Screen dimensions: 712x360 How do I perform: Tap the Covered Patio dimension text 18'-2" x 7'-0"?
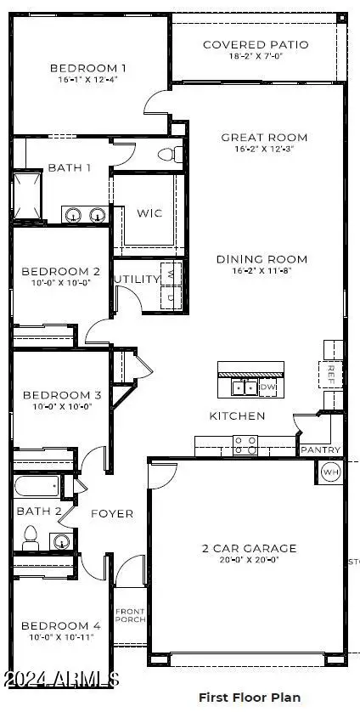point(256,57)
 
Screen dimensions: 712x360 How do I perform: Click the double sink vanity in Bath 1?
point(86,215)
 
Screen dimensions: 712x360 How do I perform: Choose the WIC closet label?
point(144,213)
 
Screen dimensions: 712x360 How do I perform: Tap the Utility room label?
point(136,279)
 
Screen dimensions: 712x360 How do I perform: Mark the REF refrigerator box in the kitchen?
point(332,371)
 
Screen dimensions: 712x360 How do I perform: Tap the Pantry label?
point(321,449)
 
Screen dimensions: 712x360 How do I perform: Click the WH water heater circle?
point(329,472)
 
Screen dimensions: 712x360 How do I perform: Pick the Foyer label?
point(112,513)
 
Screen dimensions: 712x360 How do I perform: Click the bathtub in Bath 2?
point(37,487)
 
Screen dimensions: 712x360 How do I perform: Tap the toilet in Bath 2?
point(31,536)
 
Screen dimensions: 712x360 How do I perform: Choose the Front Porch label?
point(131,615)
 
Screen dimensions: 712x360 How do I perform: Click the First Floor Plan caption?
point(249,697)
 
